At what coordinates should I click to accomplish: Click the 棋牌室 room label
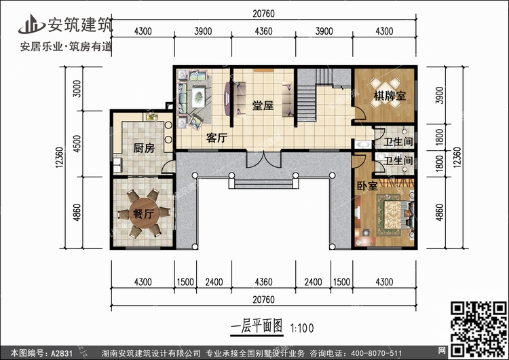click(390, 96)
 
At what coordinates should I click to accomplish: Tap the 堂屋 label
click(263, 105)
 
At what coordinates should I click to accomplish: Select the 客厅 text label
click(216, 138)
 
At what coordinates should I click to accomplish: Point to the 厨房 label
click(144, 148)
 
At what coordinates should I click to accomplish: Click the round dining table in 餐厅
click(144, 213)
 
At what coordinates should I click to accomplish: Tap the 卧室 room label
click(367, 186)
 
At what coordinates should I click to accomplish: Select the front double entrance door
click(263, 160)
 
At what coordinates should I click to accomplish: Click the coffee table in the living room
click(198, 96)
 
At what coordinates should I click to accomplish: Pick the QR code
click(478, 329)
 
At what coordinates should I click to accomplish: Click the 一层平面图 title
click(257, 327)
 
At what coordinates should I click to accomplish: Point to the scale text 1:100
click(302, 328)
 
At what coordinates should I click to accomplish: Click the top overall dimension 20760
click(263, 14)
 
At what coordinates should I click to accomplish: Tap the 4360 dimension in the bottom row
click(263, 282)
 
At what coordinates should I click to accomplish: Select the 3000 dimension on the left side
click(77, 88)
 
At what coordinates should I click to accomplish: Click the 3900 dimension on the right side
click(439, 95)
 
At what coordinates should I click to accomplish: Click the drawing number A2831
click(61, 353)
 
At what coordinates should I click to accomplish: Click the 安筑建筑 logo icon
click(31, 24)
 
